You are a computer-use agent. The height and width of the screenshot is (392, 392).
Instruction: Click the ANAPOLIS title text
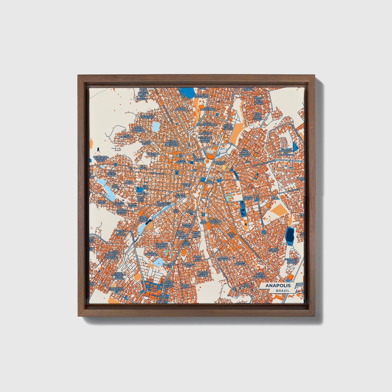[278, 286]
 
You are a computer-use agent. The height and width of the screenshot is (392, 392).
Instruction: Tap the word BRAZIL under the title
[282, 291]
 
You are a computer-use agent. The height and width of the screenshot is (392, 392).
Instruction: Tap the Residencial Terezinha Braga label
[101, 159]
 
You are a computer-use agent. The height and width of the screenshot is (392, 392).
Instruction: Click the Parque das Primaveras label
[116, 289]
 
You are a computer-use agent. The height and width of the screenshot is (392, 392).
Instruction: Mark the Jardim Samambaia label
[152, 254]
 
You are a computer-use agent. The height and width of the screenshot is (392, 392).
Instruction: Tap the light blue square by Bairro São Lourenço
[156, 126]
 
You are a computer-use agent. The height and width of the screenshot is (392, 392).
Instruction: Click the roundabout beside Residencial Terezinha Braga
[116, 164]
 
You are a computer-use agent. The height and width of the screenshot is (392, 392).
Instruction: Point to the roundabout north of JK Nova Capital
[264, 232]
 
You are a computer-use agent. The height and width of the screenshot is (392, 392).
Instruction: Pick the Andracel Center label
[219, 163]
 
